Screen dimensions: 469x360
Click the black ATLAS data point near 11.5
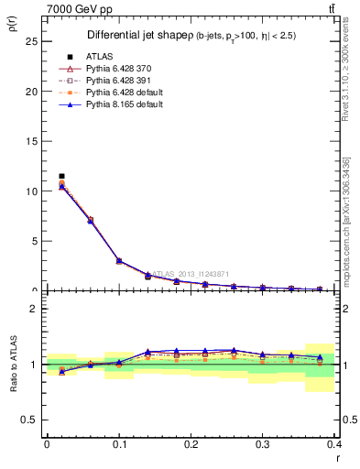(61, 176)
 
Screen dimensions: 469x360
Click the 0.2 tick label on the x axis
(191, 444)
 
